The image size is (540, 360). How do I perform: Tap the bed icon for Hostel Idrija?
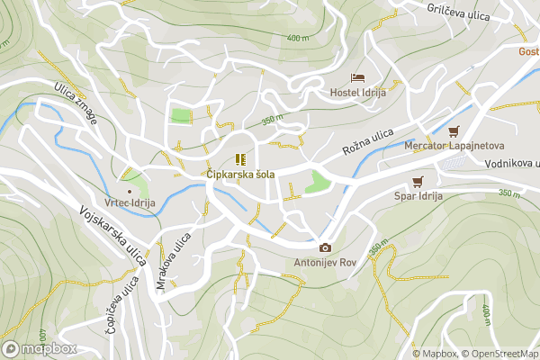pyautogui.click(x=357, y=78)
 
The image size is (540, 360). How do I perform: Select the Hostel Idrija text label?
pyautogui.click(x=357, y=93)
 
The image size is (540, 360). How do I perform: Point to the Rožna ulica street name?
pyautogui.click(x=368, y=142)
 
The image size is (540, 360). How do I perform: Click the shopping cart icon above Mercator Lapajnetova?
pyautogui.click(x=453, y=130)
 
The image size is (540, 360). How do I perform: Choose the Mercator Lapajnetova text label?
pyautogui.click(x=454, y=145)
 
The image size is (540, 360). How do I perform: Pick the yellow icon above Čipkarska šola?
pyautogui.click(x=239, y=158)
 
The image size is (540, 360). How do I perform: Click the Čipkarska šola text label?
pyautogui.click(x=239, y=174)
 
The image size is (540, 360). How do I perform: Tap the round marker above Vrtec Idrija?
pyautogui.click(x=130, y=190)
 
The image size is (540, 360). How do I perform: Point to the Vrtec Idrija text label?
pyautogui.click(x=130, y=203)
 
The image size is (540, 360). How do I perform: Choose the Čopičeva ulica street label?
pyautogui.click(x=121, y=305)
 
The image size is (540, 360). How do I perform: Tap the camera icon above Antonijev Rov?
pyautogui.click(x=325, y=248)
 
